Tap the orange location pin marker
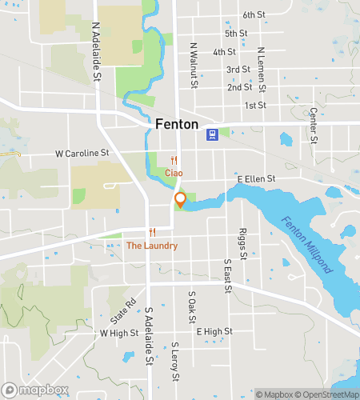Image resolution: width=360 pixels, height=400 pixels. coord(181,200)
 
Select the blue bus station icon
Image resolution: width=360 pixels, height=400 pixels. coord(212,134)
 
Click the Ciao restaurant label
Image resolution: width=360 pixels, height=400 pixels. coord(174,173)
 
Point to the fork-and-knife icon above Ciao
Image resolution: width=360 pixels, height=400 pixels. coord(174,160)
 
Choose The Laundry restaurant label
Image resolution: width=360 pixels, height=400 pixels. coord(152,246)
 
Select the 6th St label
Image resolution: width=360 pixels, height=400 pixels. coord(254,15)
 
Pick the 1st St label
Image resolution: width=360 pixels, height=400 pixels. coord(255,105)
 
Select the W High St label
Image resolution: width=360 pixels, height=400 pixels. coord(115,332)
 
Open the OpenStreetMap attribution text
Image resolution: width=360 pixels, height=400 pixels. coord(328,394)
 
